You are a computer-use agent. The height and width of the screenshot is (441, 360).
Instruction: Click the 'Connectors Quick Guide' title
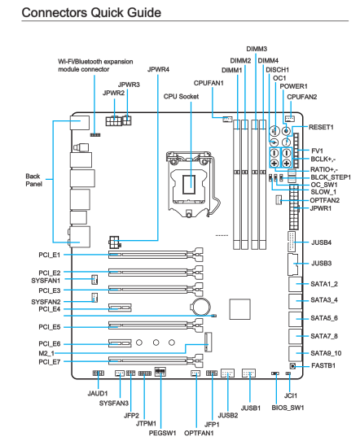coord(91,13)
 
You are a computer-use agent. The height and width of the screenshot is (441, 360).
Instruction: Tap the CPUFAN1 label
coord(209,83)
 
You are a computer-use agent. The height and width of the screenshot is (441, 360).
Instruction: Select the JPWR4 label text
coord(159,69)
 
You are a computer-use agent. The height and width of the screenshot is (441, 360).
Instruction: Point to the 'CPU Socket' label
coord(181,97)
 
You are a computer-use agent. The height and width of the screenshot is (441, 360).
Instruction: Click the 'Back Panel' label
coord(33,180)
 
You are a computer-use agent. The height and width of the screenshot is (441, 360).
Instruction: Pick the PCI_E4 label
coord(50,309)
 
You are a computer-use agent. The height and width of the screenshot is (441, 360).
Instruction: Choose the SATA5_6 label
coord(324,318)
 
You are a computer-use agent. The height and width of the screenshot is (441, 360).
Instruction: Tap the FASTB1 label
coord(323,365)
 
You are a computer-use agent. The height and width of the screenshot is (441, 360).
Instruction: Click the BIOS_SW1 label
coord(288,408)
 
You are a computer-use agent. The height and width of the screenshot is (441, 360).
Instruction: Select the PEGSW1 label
coord(162,433)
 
